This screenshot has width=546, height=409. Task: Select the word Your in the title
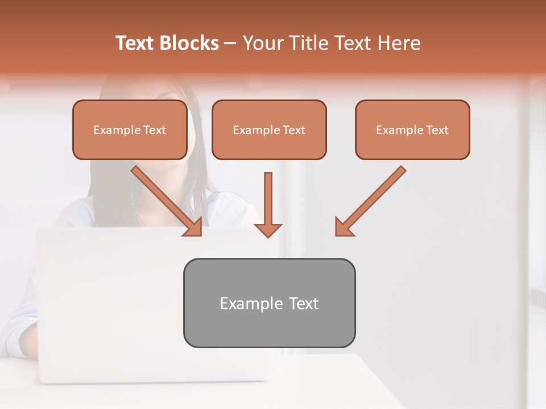[x=262, y=43]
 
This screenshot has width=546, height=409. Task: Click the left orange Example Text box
[x=130, y=130]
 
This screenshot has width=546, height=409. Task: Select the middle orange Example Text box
[x=269, y=130]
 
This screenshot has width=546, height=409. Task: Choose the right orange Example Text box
[x=412, y=130]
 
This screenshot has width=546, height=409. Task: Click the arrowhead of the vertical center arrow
[x=268, y=230]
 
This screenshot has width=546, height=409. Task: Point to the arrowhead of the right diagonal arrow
[x=342, y=228]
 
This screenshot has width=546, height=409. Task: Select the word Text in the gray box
[x=304, y=303]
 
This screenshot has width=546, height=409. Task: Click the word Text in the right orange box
[x=437, y=130]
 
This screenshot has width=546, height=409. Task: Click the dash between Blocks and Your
[x=230, y=44]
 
